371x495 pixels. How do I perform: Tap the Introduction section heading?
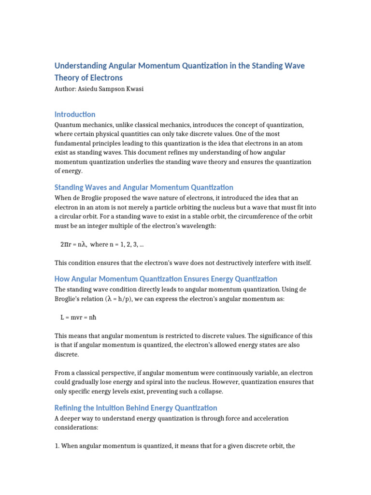tap(75, 114)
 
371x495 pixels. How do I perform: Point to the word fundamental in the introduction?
tap(76, 143)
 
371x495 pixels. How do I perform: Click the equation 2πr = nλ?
tap(73, 244)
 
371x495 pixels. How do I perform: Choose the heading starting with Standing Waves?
tap(143, 187)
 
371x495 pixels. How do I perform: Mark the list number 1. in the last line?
tap(57, 446)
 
